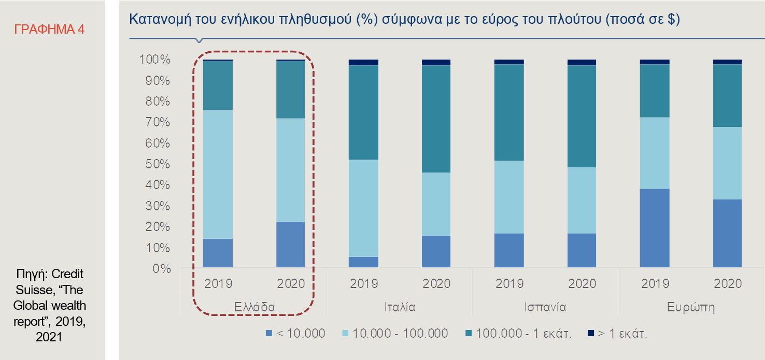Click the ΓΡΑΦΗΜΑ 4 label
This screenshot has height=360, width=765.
point(49,29)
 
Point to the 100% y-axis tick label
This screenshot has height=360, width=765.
point(154,60)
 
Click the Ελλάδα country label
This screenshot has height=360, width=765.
point(254,307)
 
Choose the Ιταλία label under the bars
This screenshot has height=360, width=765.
point(399,307)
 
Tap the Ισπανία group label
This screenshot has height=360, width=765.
point(545,307)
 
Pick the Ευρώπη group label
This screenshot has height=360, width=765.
point(690,307)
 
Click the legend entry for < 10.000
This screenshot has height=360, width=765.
point(295,333)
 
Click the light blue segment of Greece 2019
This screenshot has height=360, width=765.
point(218,174)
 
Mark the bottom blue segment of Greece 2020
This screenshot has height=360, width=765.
point(291,244)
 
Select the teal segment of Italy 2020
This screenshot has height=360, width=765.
point(436,119)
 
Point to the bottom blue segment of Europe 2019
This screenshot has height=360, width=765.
point(654,228)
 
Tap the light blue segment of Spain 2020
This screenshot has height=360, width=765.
point(582,200)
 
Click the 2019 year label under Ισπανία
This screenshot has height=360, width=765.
point(509,284)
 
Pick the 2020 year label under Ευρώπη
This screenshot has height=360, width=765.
point(727,284)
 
